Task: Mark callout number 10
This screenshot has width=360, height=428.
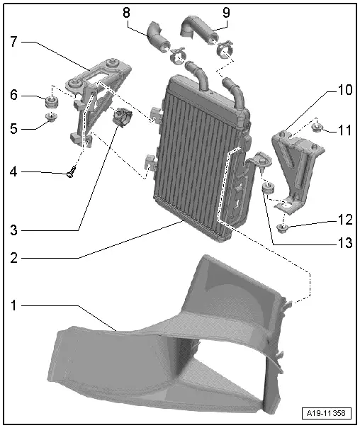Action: tap(344, 91)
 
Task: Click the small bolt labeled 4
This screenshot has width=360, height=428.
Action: tap(70, 171)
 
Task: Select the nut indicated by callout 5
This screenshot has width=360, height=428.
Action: tap(51, 118)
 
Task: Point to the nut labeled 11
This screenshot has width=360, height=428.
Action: tap(317, 128)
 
